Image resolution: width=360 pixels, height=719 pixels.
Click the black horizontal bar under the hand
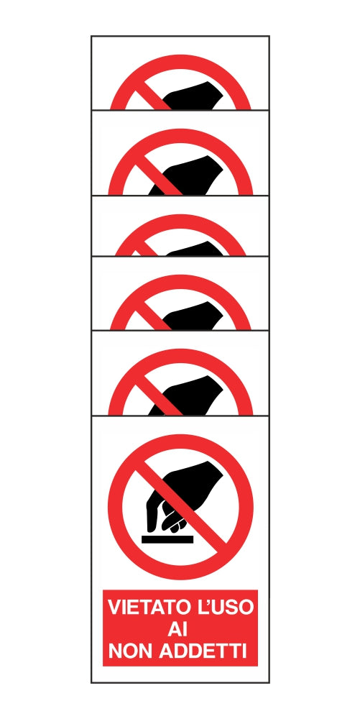pos(167,539)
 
